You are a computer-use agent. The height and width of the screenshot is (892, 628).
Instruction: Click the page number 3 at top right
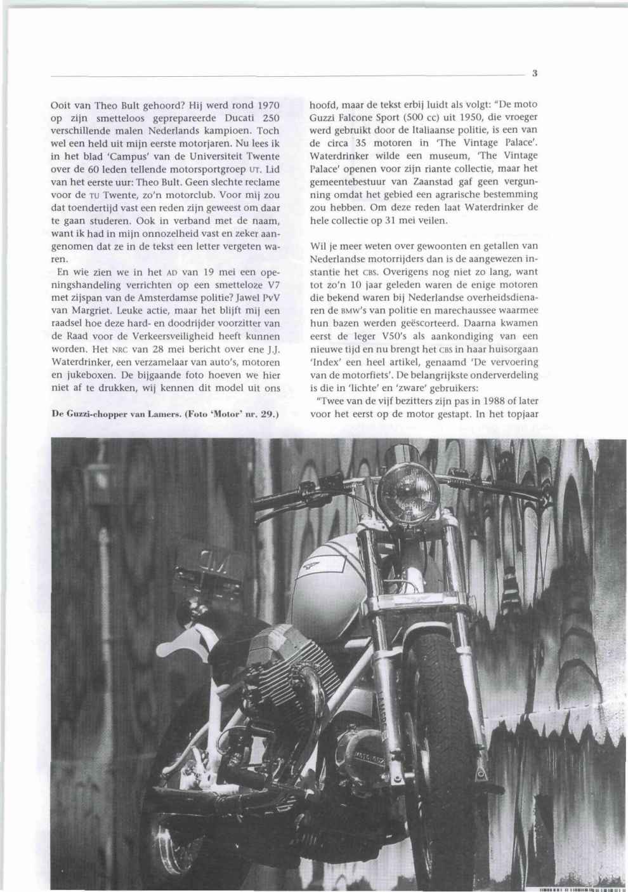(535, 73)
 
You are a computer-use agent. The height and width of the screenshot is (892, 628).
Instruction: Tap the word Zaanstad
(435, 195)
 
